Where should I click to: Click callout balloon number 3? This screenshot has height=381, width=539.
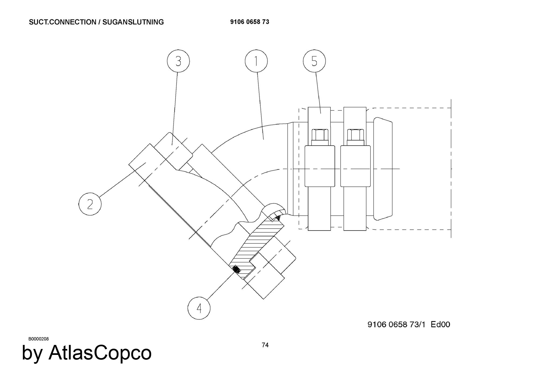tap(178, 61)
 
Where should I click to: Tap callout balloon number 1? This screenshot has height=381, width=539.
tap(256, 61)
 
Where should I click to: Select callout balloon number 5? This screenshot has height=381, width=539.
tap(314, 61)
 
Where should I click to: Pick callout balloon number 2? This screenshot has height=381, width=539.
tap(90, 204)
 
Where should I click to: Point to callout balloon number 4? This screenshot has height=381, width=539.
tap(199, 308)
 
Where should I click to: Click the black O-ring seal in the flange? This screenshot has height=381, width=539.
tap(236, 270)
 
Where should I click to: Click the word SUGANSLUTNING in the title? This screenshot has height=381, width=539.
tap(133, 22)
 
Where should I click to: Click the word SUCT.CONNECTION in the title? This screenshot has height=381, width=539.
tap(62, 22)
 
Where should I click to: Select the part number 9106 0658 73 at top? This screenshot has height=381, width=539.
tap(250, 22)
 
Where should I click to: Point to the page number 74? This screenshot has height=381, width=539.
tap(265, 345)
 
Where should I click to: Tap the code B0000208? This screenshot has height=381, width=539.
tap(39, 339)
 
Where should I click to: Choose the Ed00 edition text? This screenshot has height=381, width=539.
tap(440, 324)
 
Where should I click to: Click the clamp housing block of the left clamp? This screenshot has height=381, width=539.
tap(320, 166)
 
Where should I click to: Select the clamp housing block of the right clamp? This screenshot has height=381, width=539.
tap(355, 166)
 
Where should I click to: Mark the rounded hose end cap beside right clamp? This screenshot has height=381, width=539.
tap(383, 169)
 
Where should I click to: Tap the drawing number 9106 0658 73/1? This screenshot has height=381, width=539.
tap(396, 324)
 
